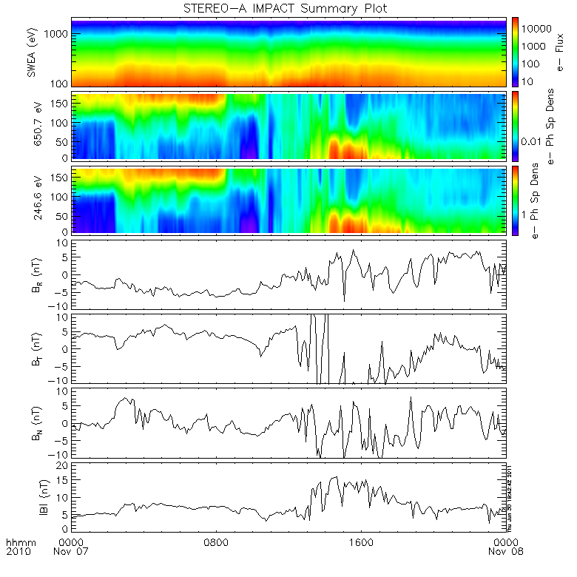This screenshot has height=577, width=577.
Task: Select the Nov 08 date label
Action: (506, 551)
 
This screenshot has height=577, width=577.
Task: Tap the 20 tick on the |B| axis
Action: (64, 465)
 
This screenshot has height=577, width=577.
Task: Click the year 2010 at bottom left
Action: (18, 551)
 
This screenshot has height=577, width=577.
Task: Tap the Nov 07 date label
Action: (73, 551)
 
